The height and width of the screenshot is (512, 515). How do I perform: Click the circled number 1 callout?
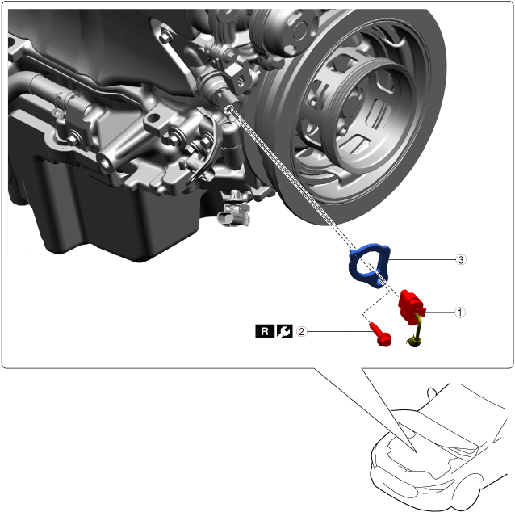point(460,313)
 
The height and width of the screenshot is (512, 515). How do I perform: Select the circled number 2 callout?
point(302,331)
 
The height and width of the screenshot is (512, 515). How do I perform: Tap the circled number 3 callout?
point(461,259)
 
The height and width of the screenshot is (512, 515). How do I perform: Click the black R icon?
point(265,331)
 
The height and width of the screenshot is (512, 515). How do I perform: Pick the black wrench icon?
point(284,331)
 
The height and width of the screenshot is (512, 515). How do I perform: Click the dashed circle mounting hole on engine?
point(229,110)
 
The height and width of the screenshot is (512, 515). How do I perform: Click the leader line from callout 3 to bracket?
point(422,259)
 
